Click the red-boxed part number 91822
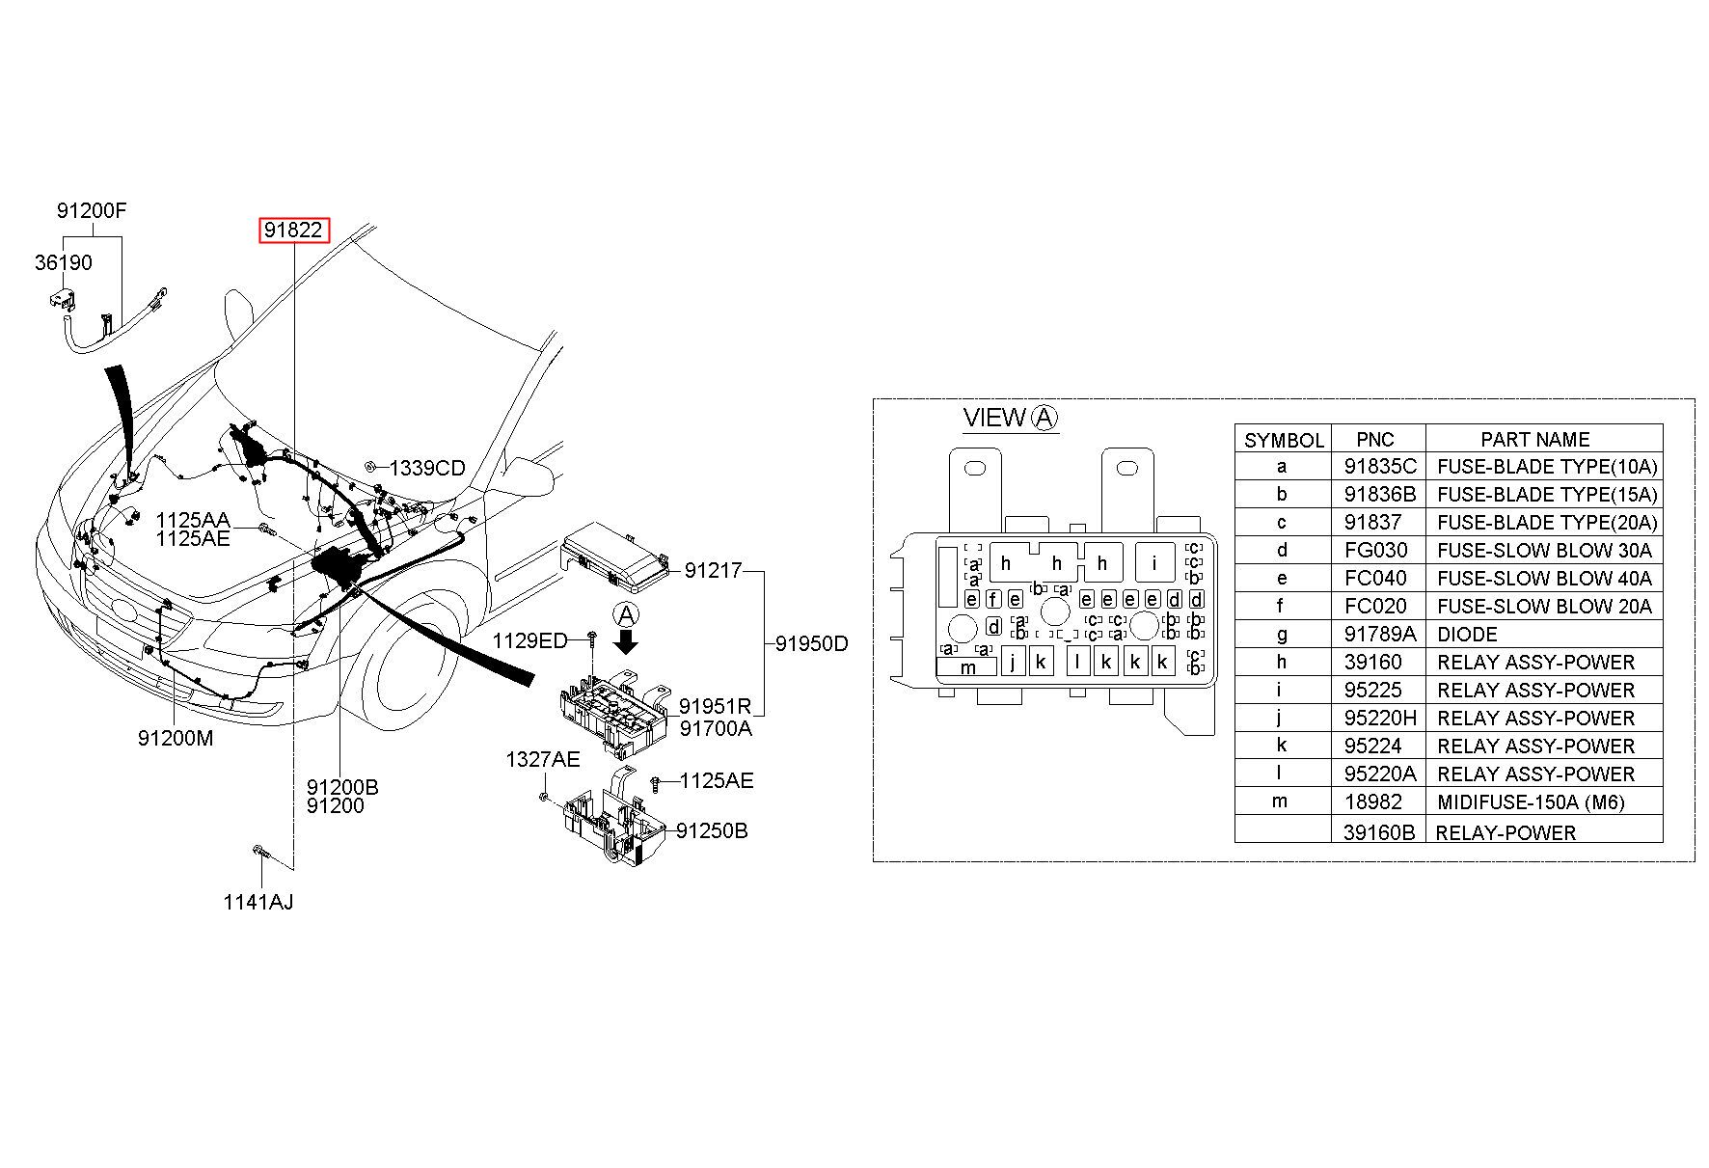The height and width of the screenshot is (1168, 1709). click(x=293, y=231)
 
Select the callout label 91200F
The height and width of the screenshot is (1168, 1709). click(x=92, y=210)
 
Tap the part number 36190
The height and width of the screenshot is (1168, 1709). click(x=64, y=262)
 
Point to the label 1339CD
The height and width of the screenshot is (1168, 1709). click(x=427, y=469)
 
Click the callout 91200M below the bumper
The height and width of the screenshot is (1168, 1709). click(x=176, y=739)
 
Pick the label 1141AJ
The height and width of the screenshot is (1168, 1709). click(x=258, y=903)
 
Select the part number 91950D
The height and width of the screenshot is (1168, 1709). click(x=812, y=643)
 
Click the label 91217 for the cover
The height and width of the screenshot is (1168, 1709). click(x=713, y=571)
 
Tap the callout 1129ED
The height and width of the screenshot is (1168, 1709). click(x=529, y=641)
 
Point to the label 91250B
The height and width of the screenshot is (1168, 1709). click(x=712, y=831)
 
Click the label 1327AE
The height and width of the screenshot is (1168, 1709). click(x=543, y=760)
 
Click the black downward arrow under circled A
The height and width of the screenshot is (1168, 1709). click(x=627, y=641)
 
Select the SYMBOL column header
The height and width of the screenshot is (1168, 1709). click(x=1284, y=441)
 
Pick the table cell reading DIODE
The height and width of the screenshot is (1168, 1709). click(x=1467, y=635)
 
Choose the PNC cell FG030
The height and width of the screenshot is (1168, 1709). click(x=1375, y=551)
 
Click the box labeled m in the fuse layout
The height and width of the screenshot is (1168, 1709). click(x=967, y=666)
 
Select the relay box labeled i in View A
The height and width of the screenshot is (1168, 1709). click(x=1154, y=562)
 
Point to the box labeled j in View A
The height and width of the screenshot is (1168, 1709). click(x=1013, y=662)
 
